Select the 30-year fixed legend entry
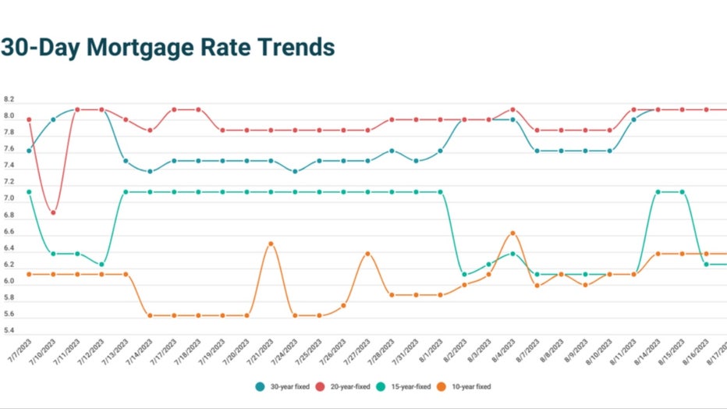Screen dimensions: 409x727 [x=285, y=386]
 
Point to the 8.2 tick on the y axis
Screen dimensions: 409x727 [x=9, y=100]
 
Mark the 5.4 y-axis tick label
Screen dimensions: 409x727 [x=9, y=330]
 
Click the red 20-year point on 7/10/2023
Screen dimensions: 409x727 [x=53, y=212]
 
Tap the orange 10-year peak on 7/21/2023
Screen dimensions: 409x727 [x=271, y=244]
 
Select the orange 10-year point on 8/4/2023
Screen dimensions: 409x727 [x=512, y=233]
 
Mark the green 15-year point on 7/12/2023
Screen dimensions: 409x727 [x=101, y=265]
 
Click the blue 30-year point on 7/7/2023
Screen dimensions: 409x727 [x=29, y=151]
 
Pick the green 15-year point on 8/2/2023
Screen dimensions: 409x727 [x=464, y=275]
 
